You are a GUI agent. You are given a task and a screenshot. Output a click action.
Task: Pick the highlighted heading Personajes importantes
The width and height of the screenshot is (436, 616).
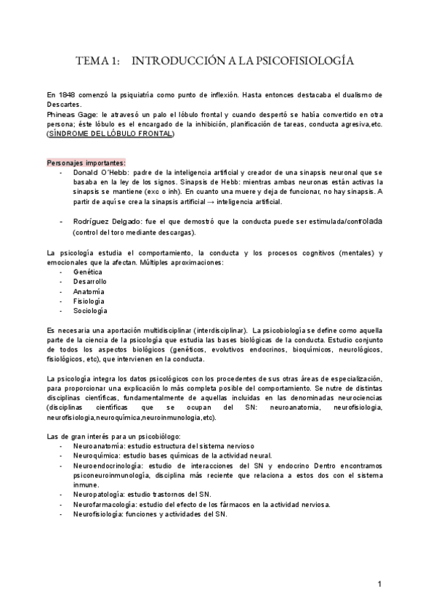point(85,162)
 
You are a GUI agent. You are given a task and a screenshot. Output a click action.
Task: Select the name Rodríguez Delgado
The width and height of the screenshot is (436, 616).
point(105,220)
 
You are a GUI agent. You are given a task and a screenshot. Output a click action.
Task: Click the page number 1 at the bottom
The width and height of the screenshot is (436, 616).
point(380,584)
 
